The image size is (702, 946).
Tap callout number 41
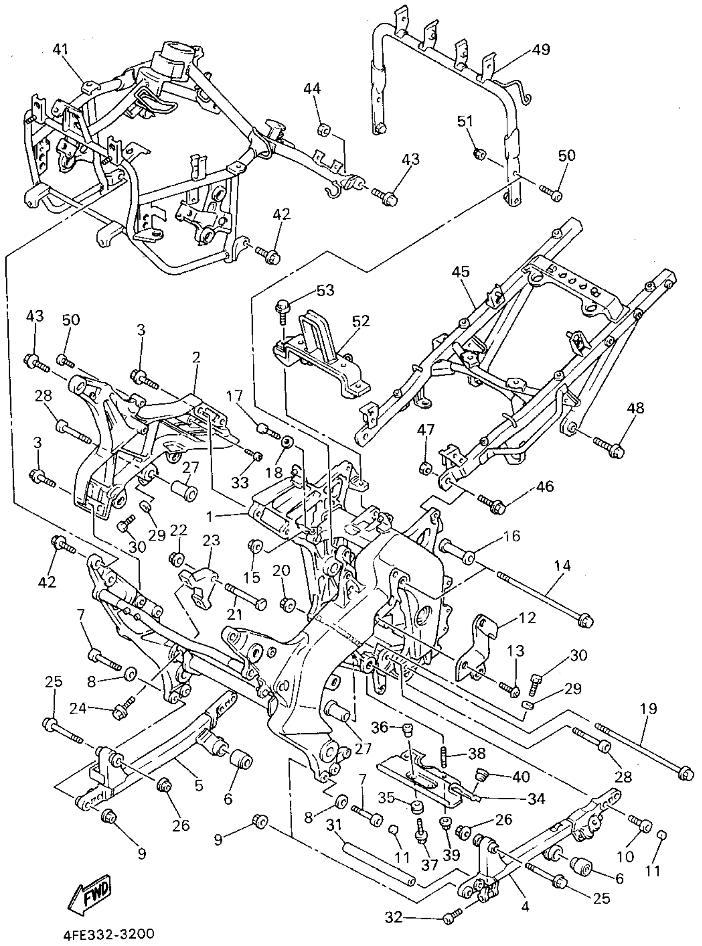61,50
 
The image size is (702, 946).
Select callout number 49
541,50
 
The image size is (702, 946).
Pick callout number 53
325,290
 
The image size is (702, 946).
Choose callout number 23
211,540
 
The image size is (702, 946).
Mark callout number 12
526,618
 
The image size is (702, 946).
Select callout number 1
209,517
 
